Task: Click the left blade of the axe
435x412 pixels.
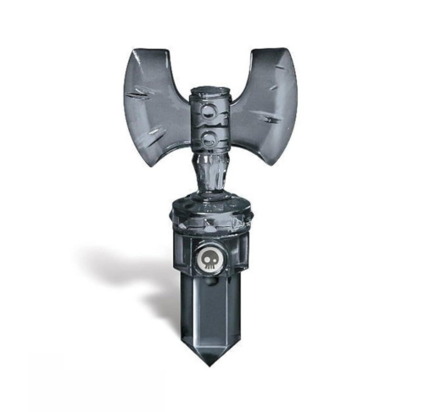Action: tap(157, 102)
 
